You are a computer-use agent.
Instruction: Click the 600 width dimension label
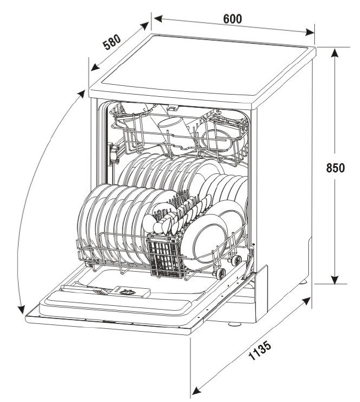coord(232,19)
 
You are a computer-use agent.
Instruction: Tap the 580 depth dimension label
coord(112,42)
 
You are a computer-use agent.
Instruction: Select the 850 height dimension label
coord(335,168)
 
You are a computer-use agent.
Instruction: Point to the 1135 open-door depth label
coord(260,350)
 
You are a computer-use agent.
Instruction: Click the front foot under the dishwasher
coord(234,324)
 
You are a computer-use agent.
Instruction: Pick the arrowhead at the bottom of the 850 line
coord(334,279)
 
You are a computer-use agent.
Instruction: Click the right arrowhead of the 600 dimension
coord(310,32)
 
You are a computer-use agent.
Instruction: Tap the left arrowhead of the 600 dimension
coord(158,19)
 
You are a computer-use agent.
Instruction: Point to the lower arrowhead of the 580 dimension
coord(95,67)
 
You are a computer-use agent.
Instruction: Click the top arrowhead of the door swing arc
coord(81,94)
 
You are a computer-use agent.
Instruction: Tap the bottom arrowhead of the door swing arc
coord(21,309)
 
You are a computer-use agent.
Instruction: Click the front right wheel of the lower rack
coord(221,273)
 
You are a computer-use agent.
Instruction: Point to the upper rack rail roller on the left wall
coord(113,154)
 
